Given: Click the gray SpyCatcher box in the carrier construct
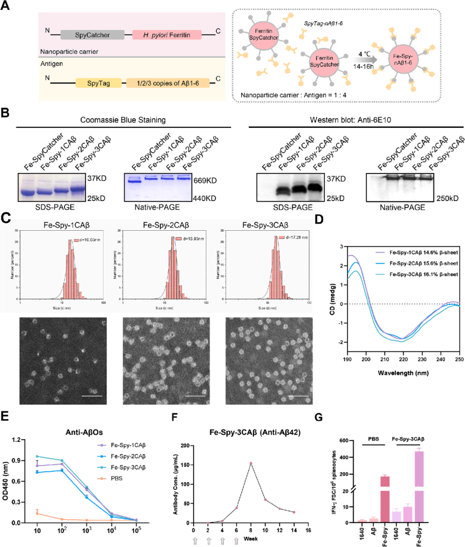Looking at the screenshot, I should [x=92, y=35].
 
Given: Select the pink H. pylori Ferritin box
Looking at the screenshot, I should [x=167, y=35].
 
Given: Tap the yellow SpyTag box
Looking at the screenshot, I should [x=98, y=83].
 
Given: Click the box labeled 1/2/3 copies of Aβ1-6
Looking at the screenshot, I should [x=167, y=83].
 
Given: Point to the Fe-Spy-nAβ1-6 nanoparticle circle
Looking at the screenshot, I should [x=403, y=60].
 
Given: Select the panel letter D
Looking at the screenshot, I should [x=319, y=219].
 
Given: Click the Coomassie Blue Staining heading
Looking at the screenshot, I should [x=123, y=120].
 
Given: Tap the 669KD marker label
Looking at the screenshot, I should [x=205, y=180].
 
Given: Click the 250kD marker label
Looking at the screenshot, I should [x=448, y=198].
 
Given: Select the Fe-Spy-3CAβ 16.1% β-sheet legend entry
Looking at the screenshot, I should [x=423, y=274].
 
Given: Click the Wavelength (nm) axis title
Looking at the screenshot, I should [x=403, y=373].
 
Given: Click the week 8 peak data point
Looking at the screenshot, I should [x=251, y=464].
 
